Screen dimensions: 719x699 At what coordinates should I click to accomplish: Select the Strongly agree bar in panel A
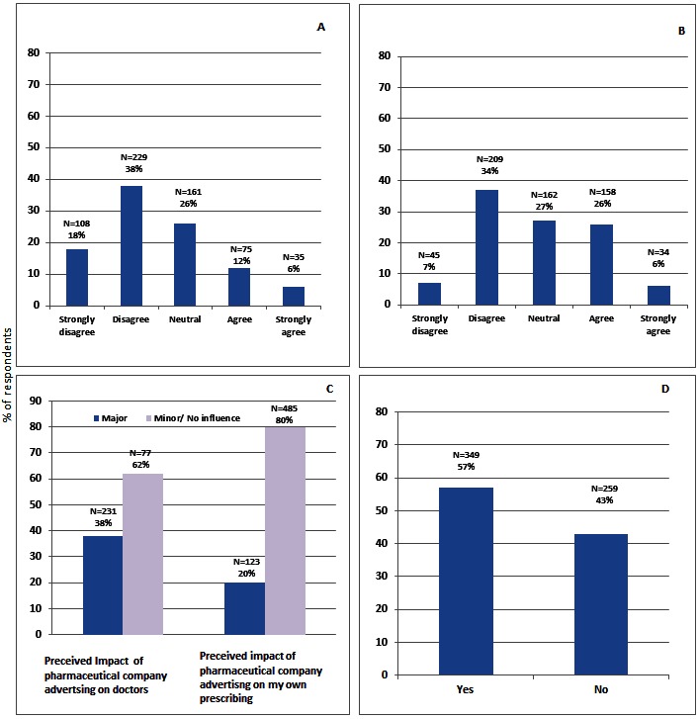click(x=294, y=295)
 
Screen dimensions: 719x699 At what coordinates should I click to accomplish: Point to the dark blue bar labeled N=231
click(x=103, y=584)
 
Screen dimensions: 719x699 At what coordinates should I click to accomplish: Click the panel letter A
click(x=320, y=27)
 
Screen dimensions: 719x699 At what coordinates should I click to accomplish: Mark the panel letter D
click(x=664, y=389)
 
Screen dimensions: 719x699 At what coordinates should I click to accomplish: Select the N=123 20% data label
click(x=244, y=567)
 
